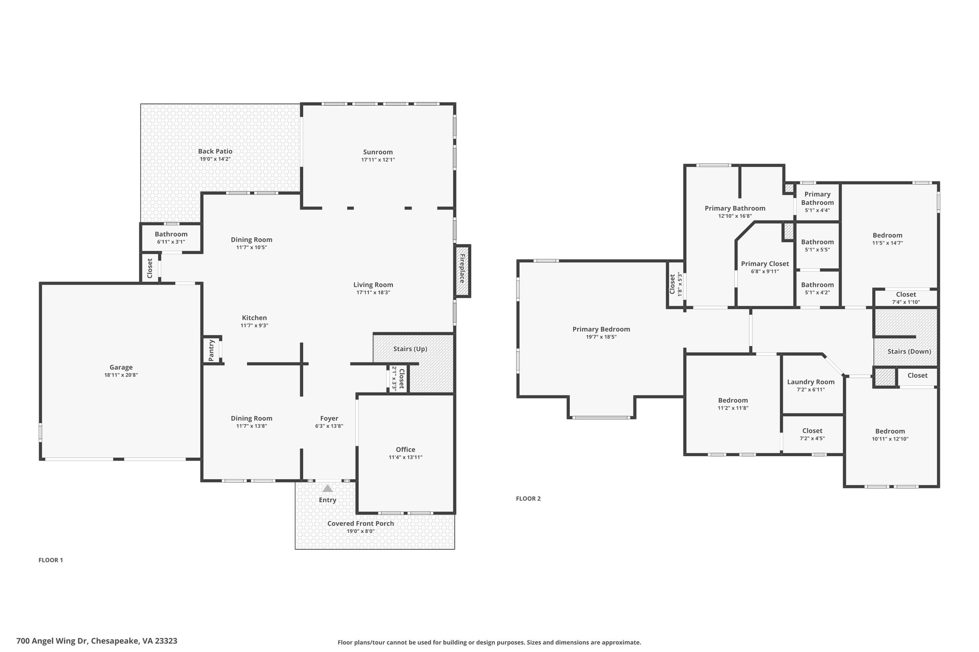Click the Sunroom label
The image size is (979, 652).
(378, 152)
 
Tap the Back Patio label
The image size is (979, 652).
(215, 151)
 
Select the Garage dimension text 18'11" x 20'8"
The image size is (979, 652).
(121, 375)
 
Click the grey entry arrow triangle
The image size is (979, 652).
(327, 488)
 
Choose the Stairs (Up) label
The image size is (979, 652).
(410, 349)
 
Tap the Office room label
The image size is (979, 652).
(405, 449)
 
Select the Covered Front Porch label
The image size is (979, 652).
(361, 524)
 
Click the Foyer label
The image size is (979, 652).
(329, 418)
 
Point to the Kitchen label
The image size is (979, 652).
(254, 318)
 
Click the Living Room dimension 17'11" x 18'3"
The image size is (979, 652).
(373, 293)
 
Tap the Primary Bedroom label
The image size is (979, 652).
(601, 329)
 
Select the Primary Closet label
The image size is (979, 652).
(765, 264)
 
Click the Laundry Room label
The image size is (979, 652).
(811, 382)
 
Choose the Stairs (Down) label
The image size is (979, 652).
(909, 352)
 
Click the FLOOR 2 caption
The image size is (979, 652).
(528, 499)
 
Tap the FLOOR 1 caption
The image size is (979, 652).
(51, 560)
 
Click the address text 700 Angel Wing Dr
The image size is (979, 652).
(51, 641)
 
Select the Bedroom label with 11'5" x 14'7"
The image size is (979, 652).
(888, 235)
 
